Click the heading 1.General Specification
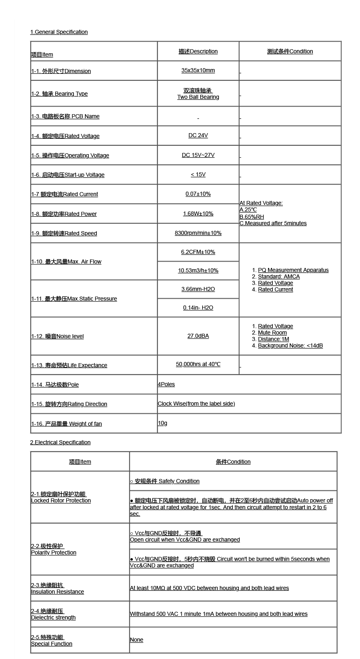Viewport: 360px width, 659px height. coord(59,32)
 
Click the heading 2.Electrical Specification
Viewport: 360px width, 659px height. coord(60,442)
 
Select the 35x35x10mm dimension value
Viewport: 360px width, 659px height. coord(198,70)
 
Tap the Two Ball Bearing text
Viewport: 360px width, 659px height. coord(198,97)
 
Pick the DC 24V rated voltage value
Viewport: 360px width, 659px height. coord(198,135)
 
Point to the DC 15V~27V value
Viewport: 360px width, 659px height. coord(198,155)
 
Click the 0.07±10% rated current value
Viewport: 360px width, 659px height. coord(198,194)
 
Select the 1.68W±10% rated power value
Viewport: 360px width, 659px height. coord(198,213)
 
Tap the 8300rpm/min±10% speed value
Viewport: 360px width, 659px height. coord(198,233)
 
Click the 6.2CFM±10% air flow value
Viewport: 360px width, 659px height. coord(198,252)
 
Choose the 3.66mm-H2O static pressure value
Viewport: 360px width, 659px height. coord(198,289)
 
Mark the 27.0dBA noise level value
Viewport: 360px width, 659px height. coord(198,336)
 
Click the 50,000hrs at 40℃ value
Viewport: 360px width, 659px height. coord(198,364)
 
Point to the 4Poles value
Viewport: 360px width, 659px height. coord(166,384)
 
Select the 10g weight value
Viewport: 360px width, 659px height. coord(162,423)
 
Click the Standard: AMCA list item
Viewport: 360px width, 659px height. coord(278,276)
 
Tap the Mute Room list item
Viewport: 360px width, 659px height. coord(272,333)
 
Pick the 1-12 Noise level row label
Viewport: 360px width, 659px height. coord(57,336)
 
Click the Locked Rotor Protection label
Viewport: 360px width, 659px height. coord(61,500)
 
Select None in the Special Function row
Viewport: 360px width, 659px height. coord(136,640)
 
